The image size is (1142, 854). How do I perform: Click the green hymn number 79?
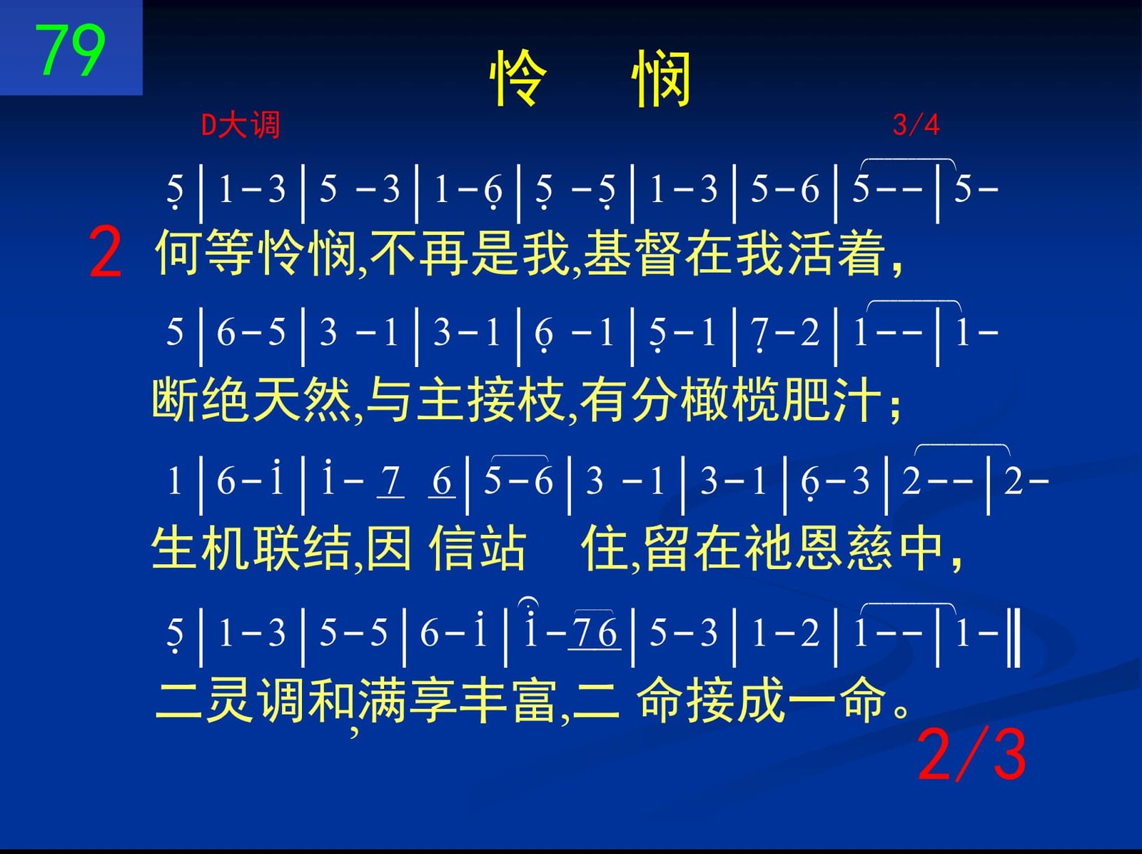point(70,50)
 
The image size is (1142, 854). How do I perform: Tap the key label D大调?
point(241,126)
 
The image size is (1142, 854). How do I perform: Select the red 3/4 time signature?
point(916,125)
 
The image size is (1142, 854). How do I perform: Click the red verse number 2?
point(105,252)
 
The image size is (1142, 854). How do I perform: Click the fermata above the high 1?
point(529,603)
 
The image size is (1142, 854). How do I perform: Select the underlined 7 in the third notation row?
point(390,482)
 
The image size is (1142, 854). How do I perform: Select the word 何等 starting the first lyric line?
point(204,253)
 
